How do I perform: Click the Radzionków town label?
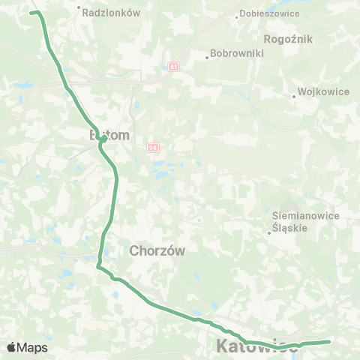click(x=112, y=13)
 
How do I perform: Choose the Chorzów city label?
click(x=157, y=250)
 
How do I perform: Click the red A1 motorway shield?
click(x=173, y=67)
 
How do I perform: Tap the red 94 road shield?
click(x=152, y=147)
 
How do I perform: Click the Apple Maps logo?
click(x=27, y=347)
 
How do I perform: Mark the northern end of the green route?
click(x=31, y=13)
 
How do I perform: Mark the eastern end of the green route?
click(x=329, y=342)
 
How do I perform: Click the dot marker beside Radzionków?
click(x=79, y=9)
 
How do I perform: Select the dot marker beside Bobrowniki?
click(x=207, y=55)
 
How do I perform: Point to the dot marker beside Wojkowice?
click(x=294, y=95)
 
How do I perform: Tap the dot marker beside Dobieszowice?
click(x=237, y=15)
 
